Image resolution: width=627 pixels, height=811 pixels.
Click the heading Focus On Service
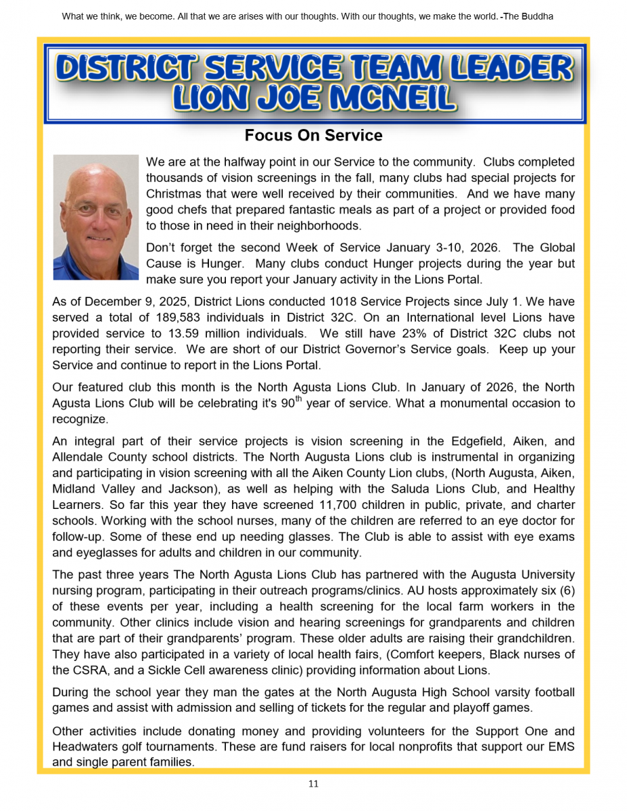click(313, 135)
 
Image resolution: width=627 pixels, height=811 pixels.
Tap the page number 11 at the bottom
click(313, 784)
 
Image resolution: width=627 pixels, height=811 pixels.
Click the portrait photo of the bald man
click(95, 217)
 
